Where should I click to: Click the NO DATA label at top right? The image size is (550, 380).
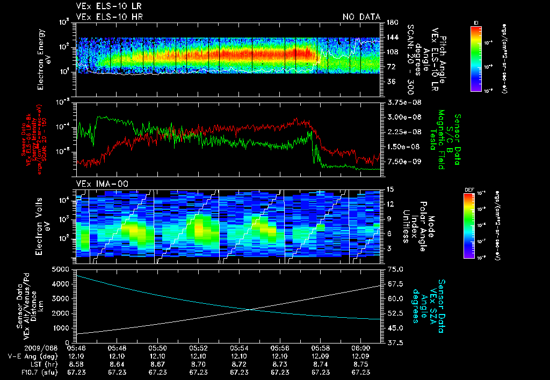(361, 17)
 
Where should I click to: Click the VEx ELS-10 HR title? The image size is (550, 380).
(103, 17)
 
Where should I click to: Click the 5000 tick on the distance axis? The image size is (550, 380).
(63, 268)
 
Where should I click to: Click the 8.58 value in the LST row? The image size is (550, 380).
(76, 363)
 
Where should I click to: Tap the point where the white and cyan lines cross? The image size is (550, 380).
(250, 309)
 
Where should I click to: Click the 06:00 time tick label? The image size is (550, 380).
(361, 348)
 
